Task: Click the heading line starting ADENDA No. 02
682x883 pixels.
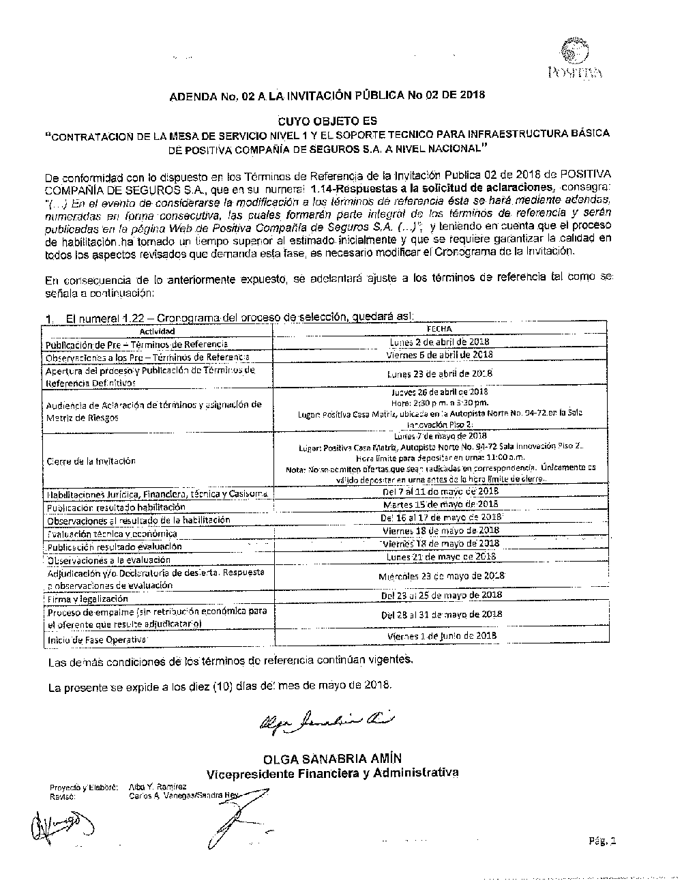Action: (x=327, y=95)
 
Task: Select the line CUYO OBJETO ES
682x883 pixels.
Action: (x=327, y=120)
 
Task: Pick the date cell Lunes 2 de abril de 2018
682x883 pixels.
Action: (x=439, y=342)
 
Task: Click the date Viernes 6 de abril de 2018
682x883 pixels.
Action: (x=439, y=355)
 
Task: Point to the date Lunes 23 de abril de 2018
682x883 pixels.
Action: (x=439, y=374)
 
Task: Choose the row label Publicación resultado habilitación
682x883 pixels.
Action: (x=115, y=508)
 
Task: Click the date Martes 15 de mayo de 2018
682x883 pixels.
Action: (x=440, y=504)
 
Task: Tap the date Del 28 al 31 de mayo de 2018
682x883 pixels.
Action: (x=441, y=614)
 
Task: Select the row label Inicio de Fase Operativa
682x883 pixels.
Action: (x=96, y=640)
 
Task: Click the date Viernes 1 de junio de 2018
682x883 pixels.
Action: (x=441, y=635)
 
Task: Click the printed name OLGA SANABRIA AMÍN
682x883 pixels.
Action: (x=332, y=759)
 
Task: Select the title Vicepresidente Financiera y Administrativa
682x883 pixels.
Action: (x=332, y=773)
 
